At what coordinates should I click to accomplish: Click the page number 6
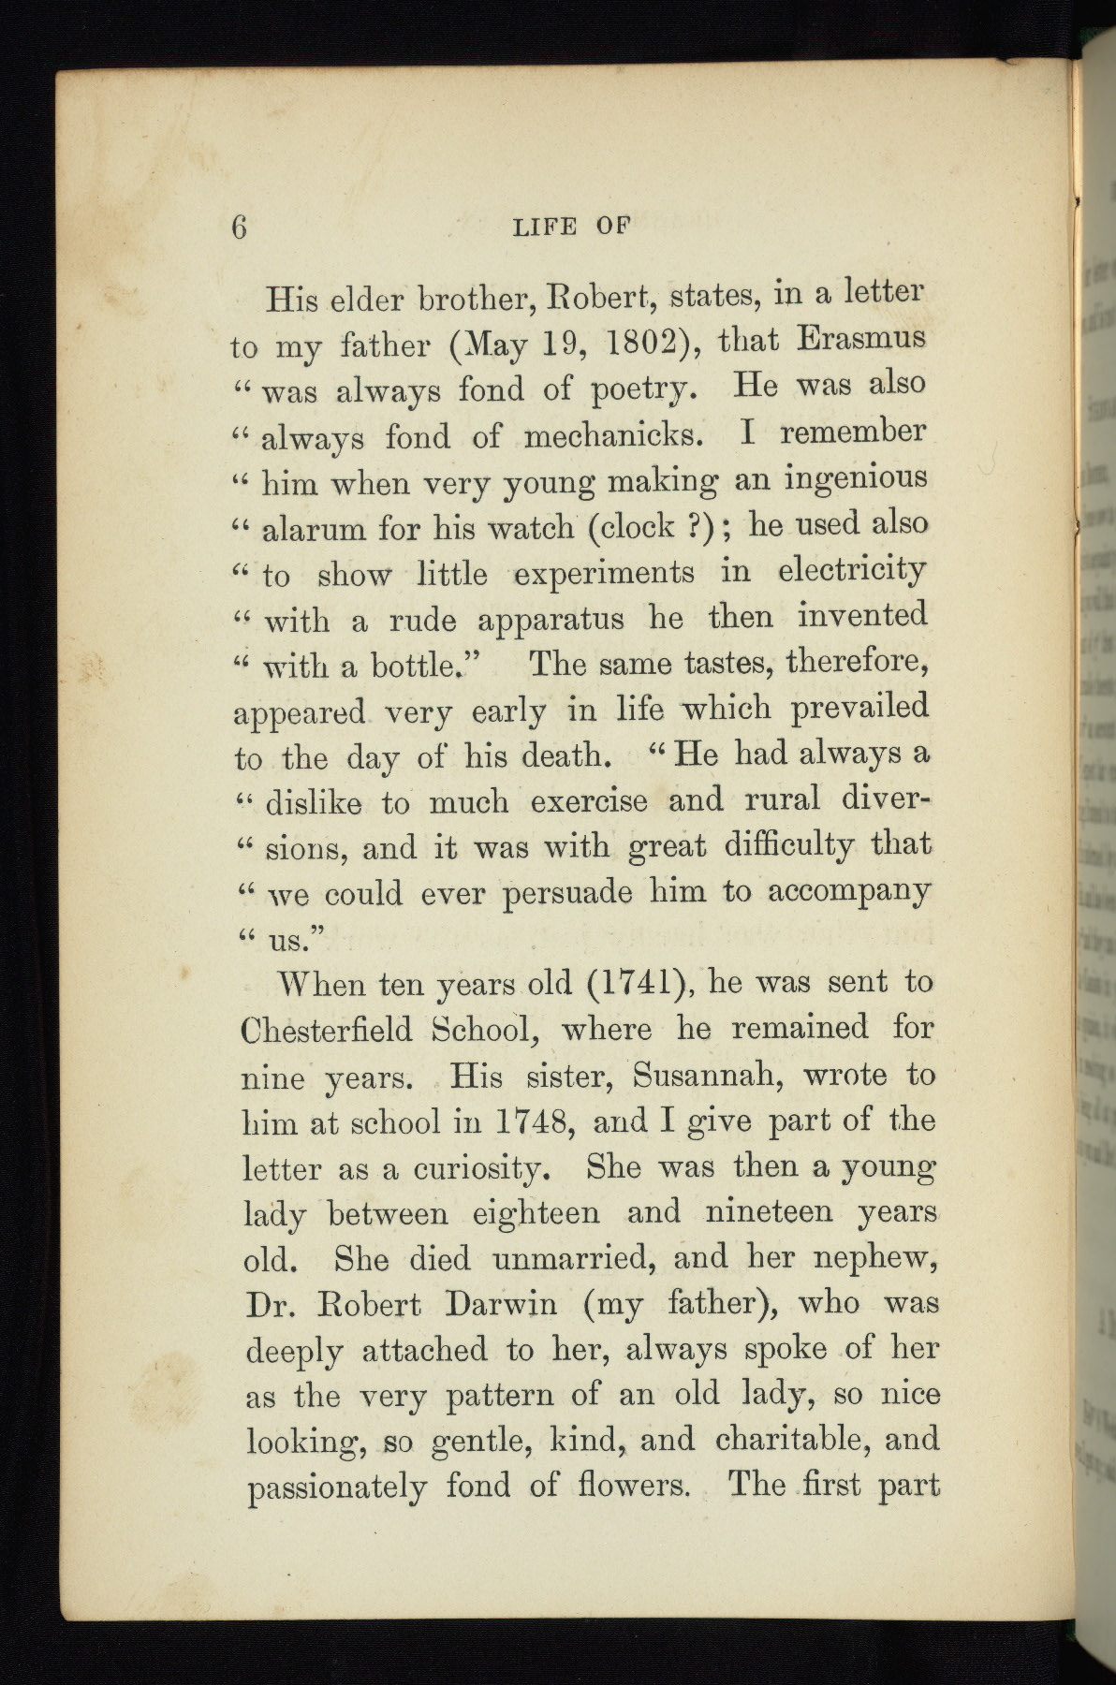pos(240,228)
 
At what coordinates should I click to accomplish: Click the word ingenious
pos(856,479)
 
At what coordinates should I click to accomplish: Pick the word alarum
pos(314,530)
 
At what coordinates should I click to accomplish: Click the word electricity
pos(852,569)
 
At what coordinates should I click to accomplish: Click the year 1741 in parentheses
pos(636,985)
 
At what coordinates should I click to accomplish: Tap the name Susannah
pos(695,1076)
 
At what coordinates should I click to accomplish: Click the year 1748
pos(531,1121)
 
